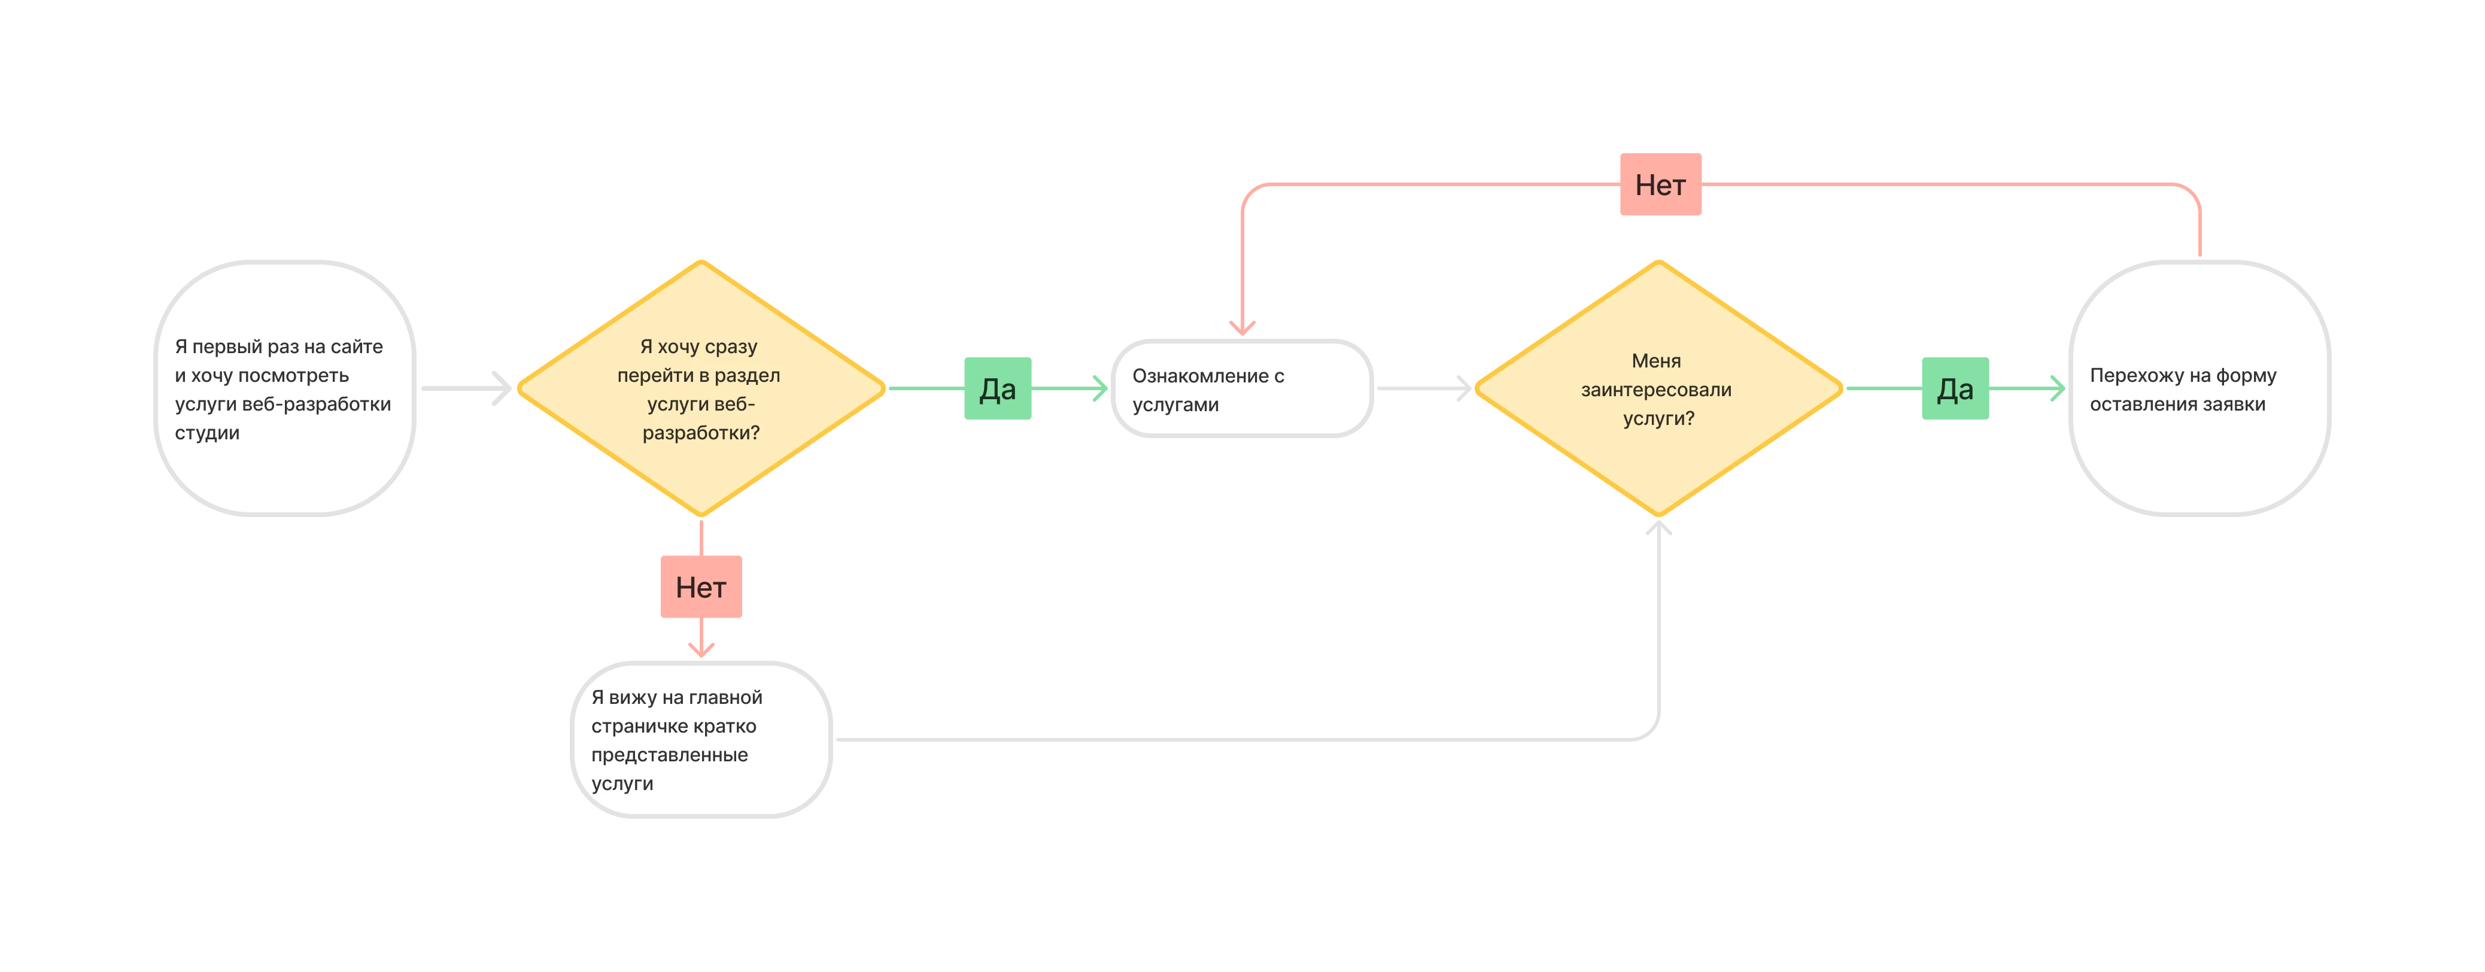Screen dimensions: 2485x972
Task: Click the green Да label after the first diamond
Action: [998, 388]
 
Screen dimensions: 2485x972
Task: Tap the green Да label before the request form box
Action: [1955, 388]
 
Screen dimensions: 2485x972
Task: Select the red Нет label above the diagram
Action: [1660, 184]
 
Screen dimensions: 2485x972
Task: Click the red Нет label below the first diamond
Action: [701, 587]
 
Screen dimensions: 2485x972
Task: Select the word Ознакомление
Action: [1200, 376]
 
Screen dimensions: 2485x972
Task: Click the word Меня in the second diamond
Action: [1656, 361]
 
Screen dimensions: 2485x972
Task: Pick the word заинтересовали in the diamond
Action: [1656, 390]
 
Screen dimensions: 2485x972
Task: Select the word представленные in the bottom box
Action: [670, 755]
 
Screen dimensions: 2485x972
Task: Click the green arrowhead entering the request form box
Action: [2056, 388]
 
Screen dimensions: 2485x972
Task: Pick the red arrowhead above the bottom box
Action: [701, 650]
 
